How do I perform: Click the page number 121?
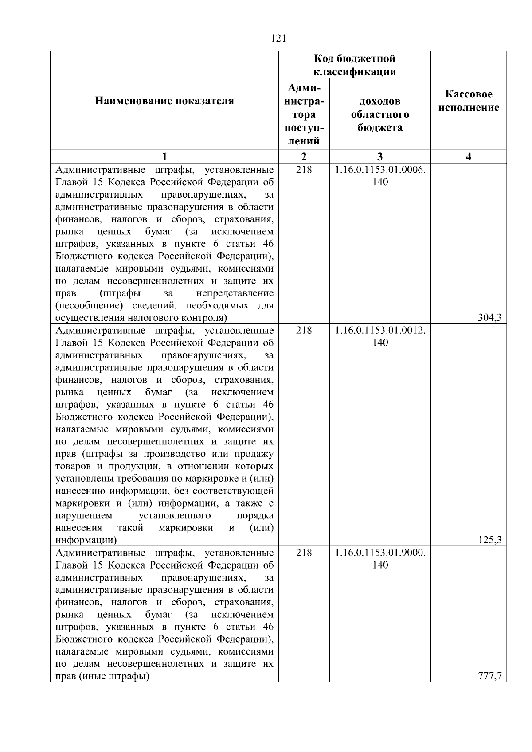[278, 39]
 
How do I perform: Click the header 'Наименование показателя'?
[164, 101]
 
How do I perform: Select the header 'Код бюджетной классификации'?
[355, 65]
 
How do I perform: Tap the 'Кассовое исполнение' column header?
[469, 101]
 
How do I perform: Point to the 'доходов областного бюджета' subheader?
[380, 114]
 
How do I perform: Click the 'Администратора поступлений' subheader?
[304, 114]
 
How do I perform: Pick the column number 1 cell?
[164, 156]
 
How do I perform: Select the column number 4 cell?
[469, 156]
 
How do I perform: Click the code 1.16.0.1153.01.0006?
[380, 170]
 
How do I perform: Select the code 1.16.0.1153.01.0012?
[380, 331]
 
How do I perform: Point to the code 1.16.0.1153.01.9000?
[380, 553]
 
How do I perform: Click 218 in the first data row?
[304, 170]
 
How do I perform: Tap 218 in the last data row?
[304, 553]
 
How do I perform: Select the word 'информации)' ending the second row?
[86, 540]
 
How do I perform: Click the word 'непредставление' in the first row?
[235, 293]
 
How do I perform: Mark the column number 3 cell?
[380, 156]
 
